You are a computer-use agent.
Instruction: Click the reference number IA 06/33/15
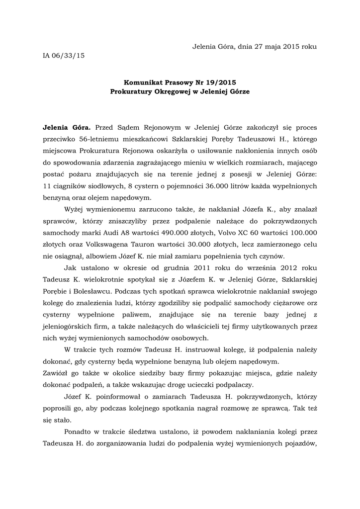(64, 56)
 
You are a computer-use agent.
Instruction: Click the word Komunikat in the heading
(145, 83)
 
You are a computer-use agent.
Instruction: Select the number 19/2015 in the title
(216, 83)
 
